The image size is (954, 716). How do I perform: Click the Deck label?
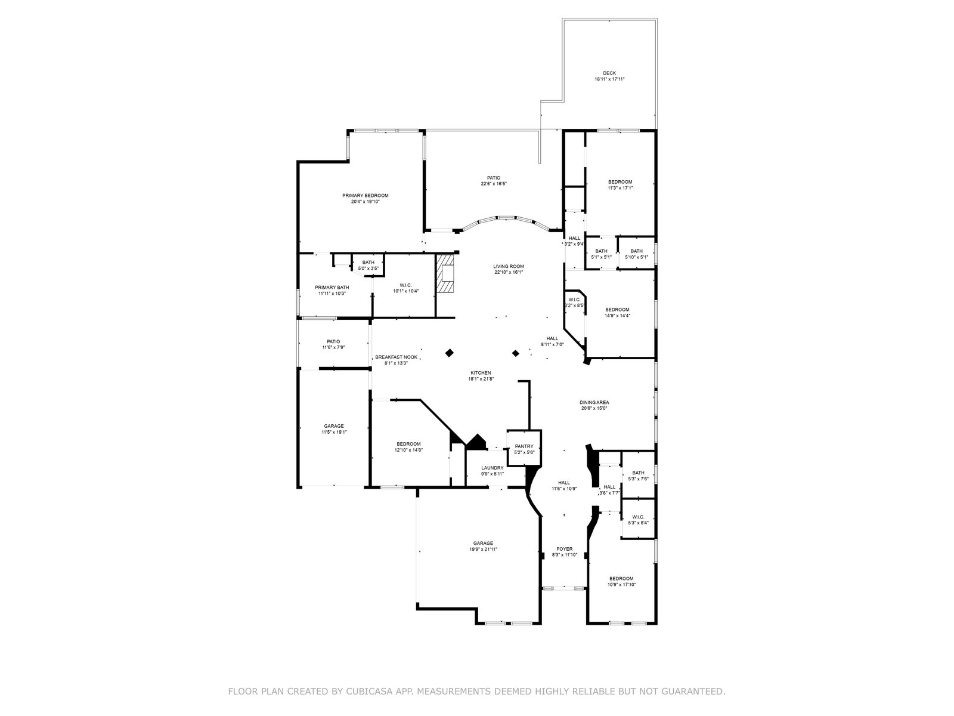click(x=609, y=73)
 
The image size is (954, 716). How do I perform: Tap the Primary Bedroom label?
click(x=365, y=195)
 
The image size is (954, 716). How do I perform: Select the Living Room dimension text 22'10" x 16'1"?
click(x=508, y=273)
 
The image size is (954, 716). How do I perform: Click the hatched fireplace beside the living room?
click(x=445, y=274)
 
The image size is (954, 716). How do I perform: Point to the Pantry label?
click(x=524, y=446)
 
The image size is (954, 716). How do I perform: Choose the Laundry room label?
click(x=493, y=467)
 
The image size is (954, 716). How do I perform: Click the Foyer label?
click(x=564, y=548)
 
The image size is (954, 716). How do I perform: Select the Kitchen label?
click(x=481, y=372)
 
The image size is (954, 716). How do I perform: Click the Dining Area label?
click(x=594, y=402)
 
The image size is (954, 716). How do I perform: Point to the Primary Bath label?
click(x=332, y=287)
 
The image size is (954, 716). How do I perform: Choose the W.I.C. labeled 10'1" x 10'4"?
click(x=405, y=288)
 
